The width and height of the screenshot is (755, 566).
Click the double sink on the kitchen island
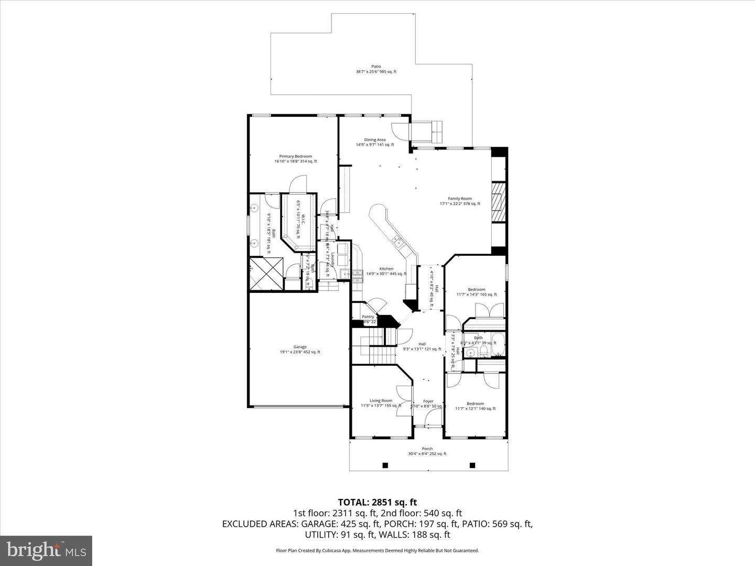coord(397,242)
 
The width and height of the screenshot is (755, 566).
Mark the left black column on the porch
coord(385,465)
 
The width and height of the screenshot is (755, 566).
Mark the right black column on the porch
coord(472,465)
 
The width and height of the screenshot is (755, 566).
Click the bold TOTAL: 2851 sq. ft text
coord(377,503)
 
